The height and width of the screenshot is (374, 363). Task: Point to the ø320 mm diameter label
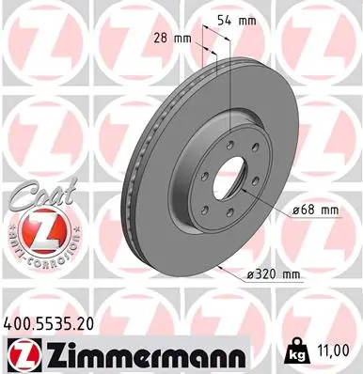click(x=273, y=274)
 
